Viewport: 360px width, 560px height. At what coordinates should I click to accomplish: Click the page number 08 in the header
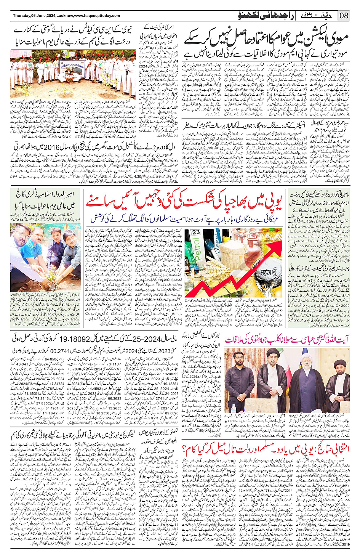click(x=344, y=16)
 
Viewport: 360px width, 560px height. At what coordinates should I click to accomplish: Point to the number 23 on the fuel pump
click(x=196, y=232)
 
